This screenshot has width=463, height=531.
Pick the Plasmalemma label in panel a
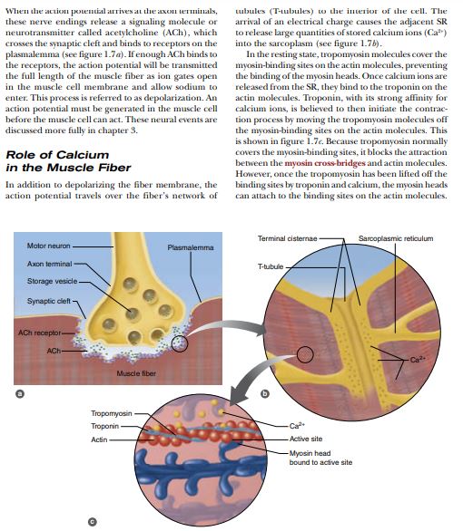click(191, 247)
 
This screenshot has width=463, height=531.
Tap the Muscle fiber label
click(135, 373)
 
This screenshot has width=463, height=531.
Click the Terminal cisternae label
click(287, 238)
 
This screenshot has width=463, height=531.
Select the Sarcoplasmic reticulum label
click(396, 238)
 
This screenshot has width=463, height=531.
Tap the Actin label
click(99, 439)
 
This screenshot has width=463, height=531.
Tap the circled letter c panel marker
click(90, 520)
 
